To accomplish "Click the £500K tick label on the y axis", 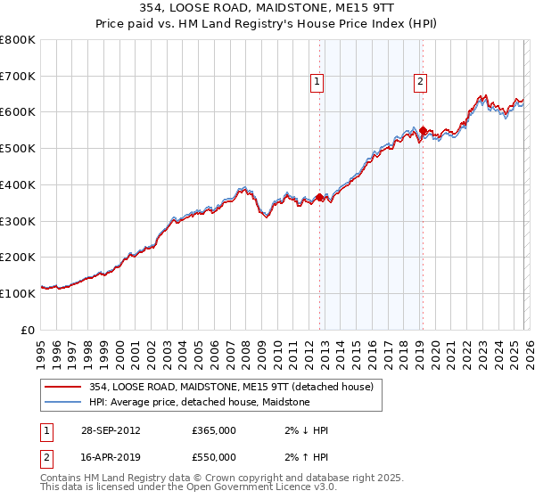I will pos(18,149).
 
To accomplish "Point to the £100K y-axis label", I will pos(18,293).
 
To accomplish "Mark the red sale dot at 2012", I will pos(320,198).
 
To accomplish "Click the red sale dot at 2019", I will pos(423,131).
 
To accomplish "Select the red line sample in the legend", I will pos(62,387).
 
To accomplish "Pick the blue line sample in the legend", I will pos(62,402).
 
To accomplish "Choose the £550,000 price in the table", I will pos(214,457).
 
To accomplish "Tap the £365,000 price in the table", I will pos(214,430).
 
